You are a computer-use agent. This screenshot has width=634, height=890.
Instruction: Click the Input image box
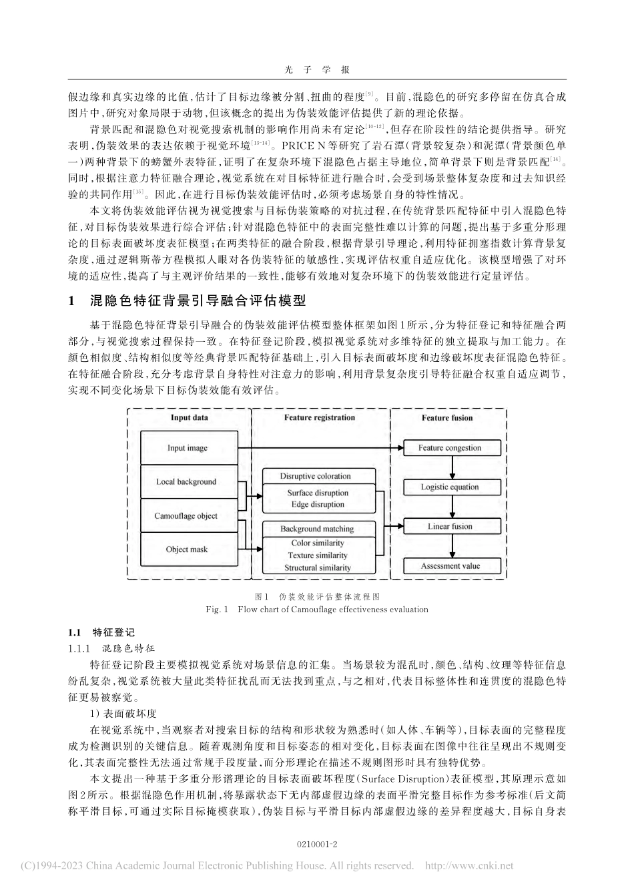(187, 447)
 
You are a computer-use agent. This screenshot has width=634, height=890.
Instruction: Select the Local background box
(187, 481)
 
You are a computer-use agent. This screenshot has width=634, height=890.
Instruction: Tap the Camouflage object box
(187, 515)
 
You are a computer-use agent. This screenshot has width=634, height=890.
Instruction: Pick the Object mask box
(187, 549)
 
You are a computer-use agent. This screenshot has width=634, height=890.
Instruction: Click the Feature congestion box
(450, 447)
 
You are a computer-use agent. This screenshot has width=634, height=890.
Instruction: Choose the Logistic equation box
(450, 487)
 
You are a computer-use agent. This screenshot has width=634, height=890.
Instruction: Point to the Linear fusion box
(450, 526)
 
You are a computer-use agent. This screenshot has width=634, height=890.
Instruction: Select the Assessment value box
(450, 566)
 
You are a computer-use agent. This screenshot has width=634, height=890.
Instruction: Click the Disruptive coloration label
(315, 476)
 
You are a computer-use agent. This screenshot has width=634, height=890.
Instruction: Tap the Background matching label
(317, 529)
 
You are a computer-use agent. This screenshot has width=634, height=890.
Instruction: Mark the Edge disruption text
(318, 505)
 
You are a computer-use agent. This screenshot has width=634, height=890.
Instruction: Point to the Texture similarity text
(318, 555)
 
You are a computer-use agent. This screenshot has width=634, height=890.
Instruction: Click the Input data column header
(189, 418)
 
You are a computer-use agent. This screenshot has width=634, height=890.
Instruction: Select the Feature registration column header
(320, 418)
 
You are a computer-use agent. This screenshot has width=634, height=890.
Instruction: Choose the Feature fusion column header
(447, 418)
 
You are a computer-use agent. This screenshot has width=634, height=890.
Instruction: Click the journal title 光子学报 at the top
(317, 69)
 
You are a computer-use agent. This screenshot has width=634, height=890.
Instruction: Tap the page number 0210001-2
(317, 845)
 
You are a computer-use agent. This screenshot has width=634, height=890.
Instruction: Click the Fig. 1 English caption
(317, 609)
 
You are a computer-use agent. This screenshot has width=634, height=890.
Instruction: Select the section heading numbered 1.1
(101, 632)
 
